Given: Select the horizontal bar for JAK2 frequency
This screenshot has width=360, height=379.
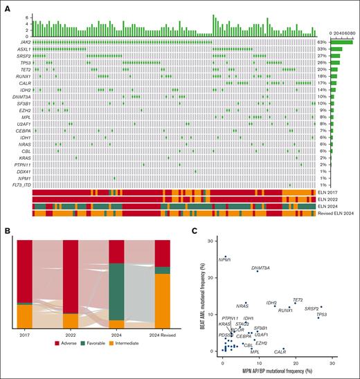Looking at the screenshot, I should (341, 42).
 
